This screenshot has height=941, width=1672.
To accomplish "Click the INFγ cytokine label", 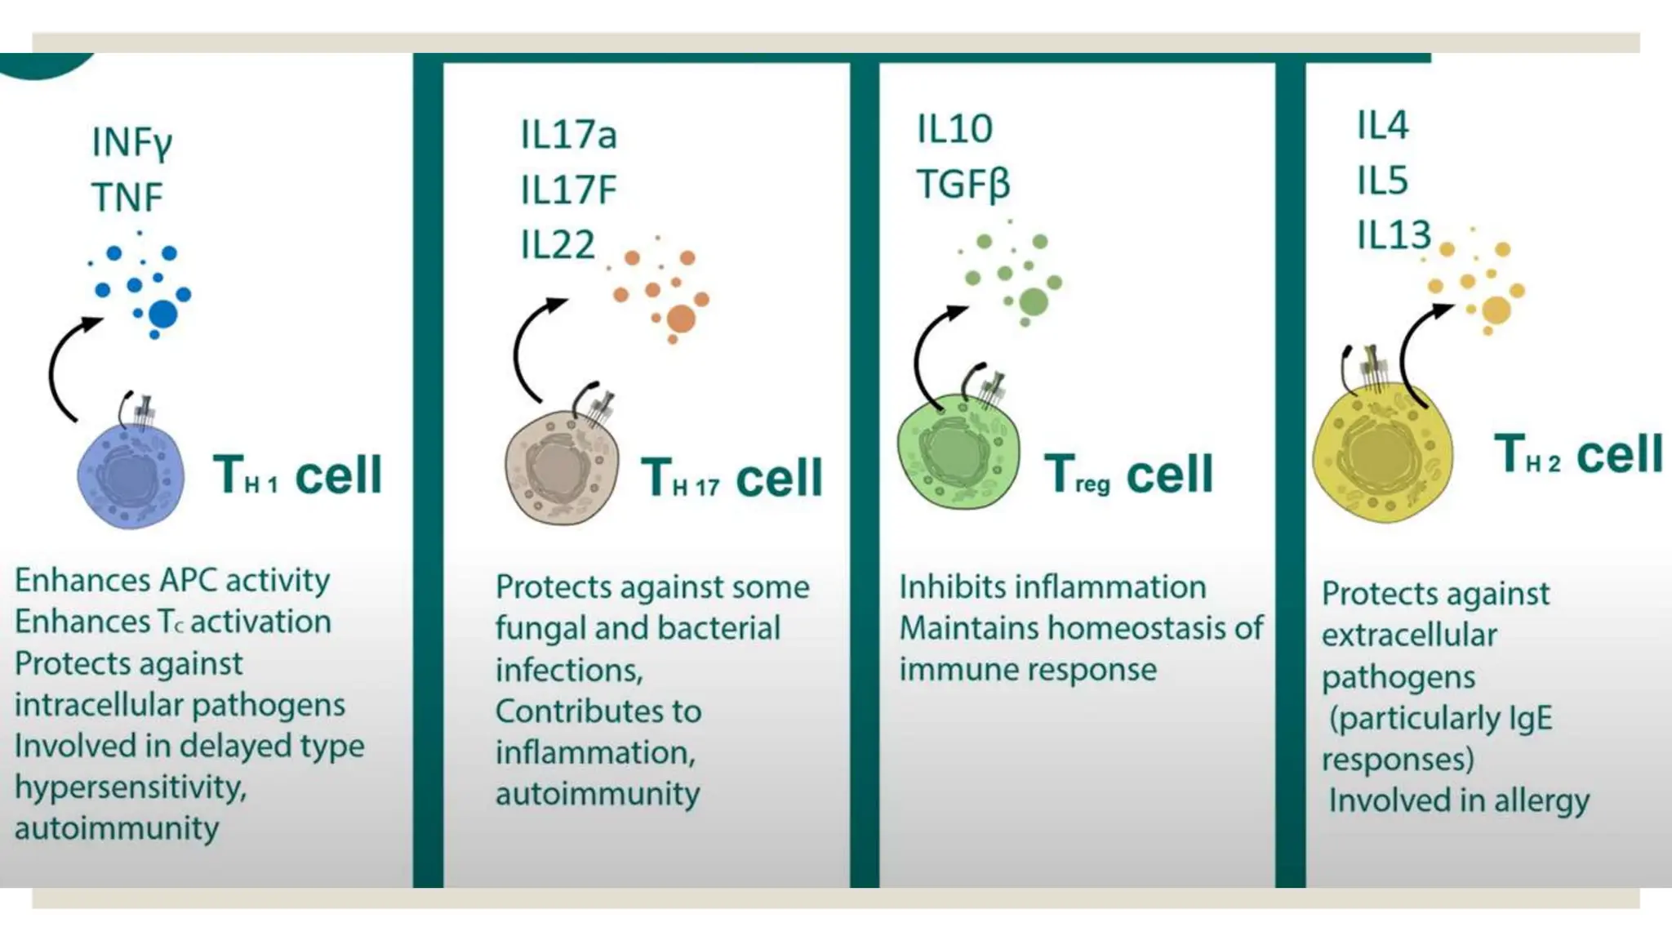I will coord(131,143).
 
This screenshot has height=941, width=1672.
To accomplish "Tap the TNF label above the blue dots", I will coord(127,198).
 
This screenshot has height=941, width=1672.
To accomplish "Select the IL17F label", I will coord(568,190).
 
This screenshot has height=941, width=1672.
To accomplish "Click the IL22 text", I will coord(558,245).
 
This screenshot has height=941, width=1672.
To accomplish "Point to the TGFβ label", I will coord(963,185).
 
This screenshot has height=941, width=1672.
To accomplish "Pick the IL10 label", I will coord(954,129).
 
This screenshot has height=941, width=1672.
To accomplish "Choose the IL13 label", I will coord(1394,235).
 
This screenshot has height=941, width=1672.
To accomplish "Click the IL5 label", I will coord(1382,181).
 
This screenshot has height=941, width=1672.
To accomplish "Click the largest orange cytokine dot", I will coord(680,319).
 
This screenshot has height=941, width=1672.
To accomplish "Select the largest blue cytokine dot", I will coord(163,313).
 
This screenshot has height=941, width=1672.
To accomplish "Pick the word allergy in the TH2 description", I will coord(1541,801).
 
